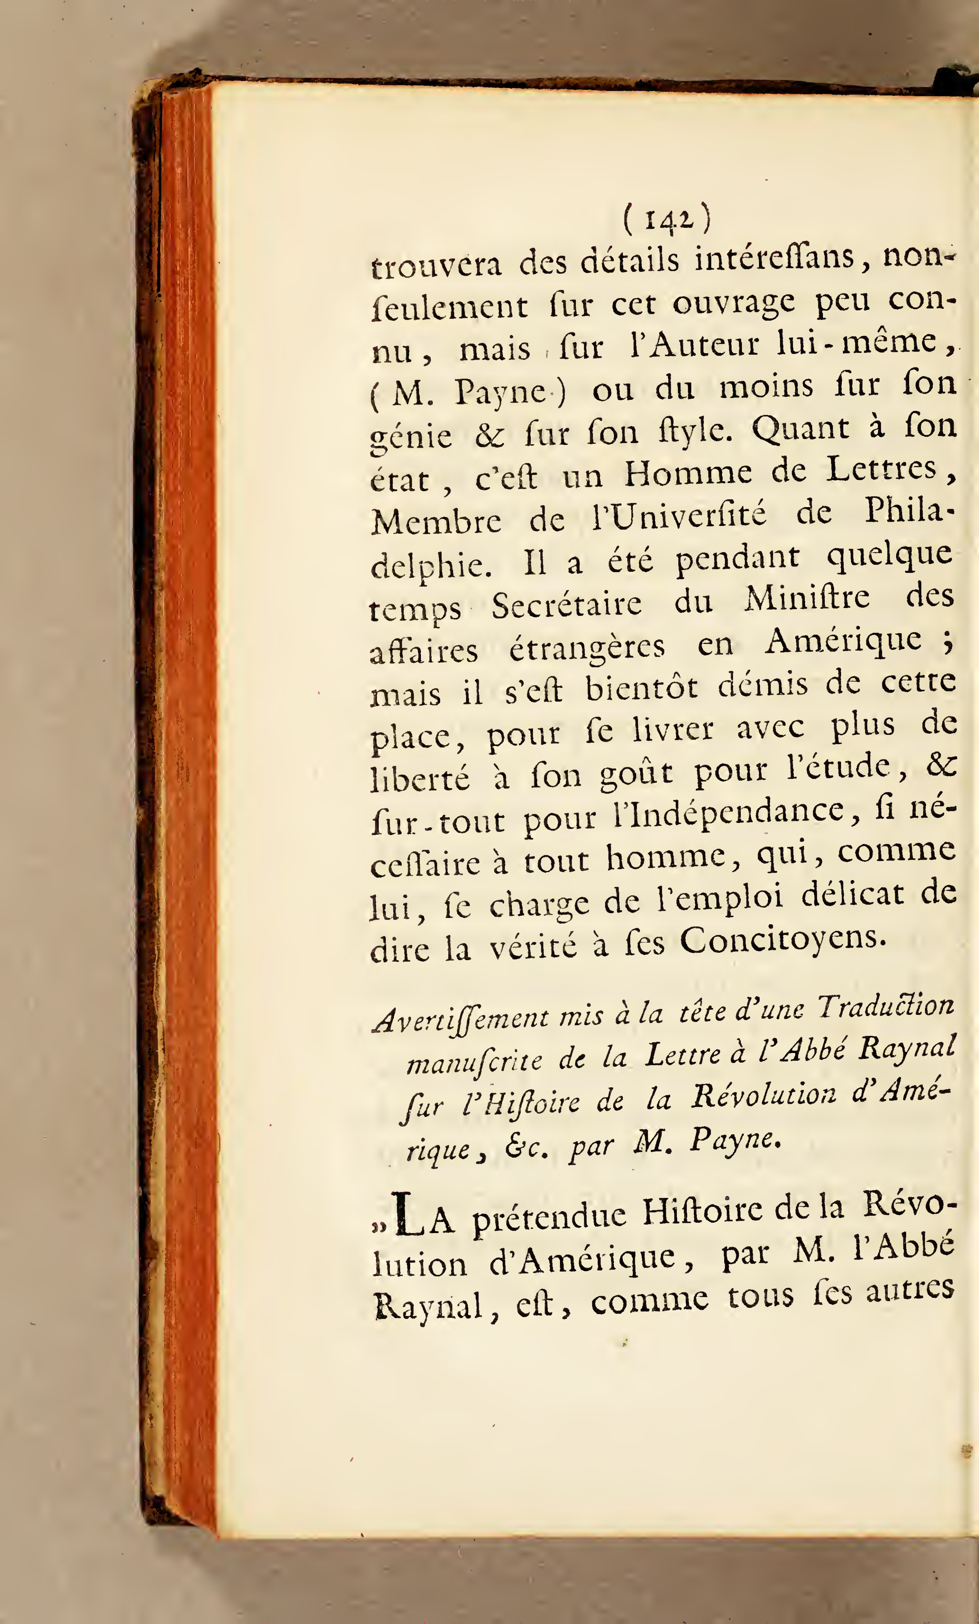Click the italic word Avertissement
pos(460,1018)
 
